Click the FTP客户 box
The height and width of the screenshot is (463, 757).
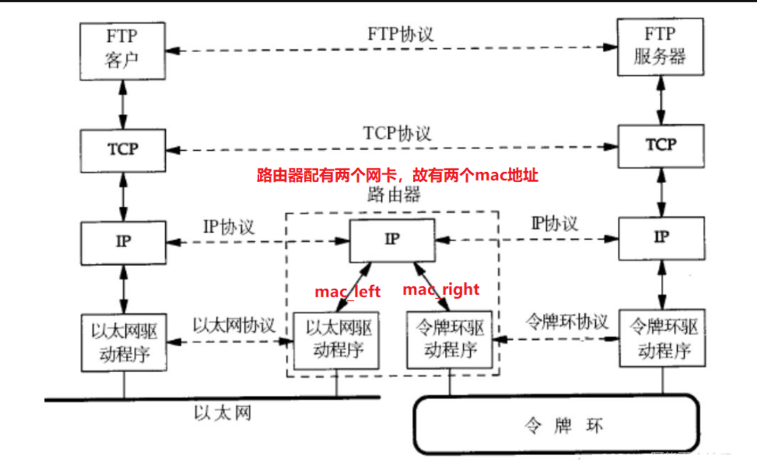click(x=123, y=50)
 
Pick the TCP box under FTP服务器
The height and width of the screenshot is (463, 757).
click(x=661, y=146)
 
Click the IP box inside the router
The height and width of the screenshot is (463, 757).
click(x=392, y=239)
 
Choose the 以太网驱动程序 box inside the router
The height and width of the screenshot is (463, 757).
click(x=336, y=340)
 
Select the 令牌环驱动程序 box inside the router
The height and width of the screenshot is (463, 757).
click(x=449, y=340)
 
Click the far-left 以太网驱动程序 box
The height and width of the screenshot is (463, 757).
click(x=123, y=343)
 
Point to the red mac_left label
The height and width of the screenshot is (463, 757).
click(x=348, y=292)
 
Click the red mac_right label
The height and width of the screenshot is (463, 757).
click(x=440, y=290)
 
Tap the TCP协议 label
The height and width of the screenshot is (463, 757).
click(x=397, y=133)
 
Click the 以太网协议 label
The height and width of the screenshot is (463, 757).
click(x=234, y=325)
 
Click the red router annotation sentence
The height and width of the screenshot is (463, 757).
click(x=398, y=176)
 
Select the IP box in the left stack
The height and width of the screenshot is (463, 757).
click(x=123, y=240)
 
